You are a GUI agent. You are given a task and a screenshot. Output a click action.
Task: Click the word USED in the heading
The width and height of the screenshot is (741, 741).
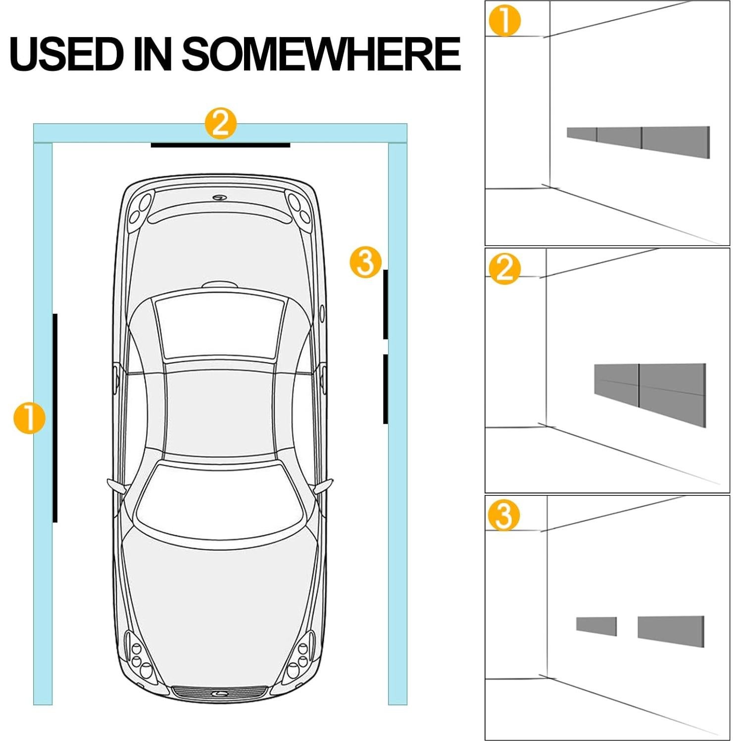66,53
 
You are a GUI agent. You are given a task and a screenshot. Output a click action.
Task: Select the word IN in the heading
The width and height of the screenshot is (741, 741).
153,53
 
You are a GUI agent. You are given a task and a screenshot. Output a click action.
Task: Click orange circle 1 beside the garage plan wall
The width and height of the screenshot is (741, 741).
29,418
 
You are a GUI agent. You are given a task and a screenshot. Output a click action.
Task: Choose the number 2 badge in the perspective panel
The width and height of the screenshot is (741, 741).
504,269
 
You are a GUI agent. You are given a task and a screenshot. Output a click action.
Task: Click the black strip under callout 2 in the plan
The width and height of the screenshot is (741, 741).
220,145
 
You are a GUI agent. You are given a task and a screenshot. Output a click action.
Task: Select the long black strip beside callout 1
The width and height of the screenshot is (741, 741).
55,418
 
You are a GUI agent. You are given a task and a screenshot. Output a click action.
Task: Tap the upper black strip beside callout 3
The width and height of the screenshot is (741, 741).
386,304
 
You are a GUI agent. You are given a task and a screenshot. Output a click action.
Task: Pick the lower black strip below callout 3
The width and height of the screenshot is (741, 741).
386,389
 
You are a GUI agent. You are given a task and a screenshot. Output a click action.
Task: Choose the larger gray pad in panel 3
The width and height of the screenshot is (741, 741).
671,631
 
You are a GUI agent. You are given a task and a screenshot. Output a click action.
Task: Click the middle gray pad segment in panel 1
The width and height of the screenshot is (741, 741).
619,138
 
